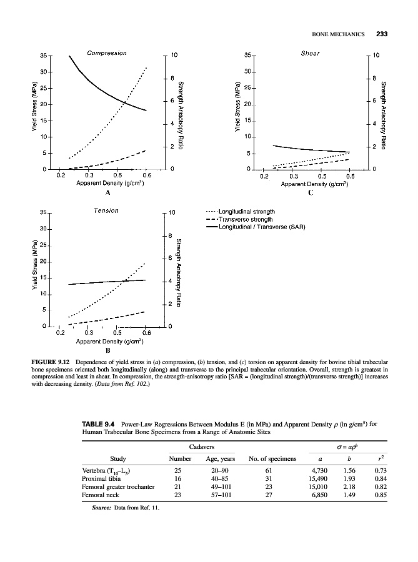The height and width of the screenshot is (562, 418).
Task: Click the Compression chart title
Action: point(107,52)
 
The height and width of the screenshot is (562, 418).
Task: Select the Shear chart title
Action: point(310,52)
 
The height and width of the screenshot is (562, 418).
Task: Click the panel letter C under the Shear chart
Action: point(310,193)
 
